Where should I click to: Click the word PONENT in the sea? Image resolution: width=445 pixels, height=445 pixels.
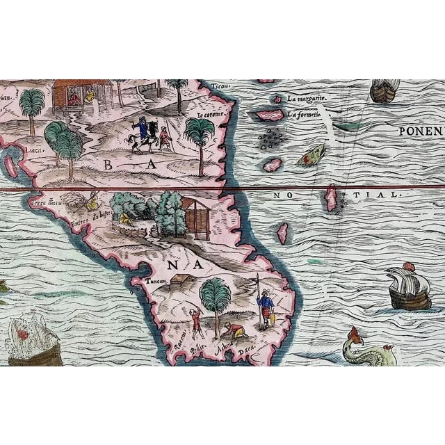pos(421,131)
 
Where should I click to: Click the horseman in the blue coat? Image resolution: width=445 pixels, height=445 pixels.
pos(143,133)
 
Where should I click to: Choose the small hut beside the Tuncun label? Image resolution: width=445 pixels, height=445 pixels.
pos(183,279)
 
